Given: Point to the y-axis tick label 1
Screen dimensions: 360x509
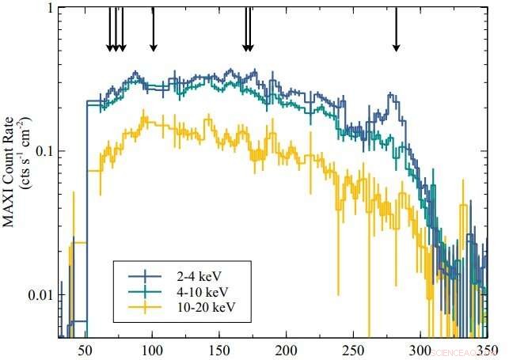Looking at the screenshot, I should pos(50,9).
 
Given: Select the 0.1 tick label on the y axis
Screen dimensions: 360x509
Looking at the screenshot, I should pos(44,151).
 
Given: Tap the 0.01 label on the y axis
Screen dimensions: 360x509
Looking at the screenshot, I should pos(41,295).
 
